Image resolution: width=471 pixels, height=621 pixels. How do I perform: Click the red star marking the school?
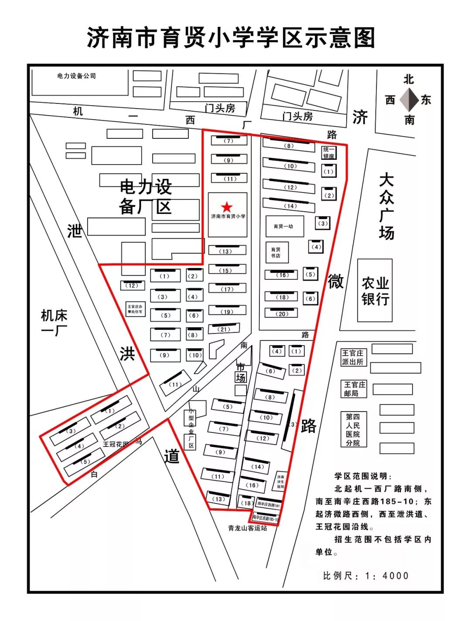[226, 207]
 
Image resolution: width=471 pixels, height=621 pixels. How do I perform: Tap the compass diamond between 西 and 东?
[409, 100]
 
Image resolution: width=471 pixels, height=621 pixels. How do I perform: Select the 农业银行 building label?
[375, 291]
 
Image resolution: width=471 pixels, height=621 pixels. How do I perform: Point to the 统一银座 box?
[329, 153]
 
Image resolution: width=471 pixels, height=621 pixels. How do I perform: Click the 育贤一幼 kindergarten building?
[283, 226]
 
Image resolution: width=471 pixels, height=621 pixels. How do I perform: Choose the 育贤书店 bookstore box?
[276, 253]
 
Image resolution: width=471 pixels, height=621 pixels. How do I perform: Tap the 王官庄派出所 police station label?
[353, 357]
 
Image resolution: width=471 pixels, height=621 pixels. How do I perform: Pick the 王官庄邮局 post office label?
[354, 389]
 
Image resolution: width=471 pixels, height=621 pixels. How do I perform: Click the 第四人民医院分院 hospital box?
[353, 429]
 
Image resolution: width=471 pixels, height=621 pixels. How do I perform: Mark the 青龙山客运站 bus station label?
[247, 528]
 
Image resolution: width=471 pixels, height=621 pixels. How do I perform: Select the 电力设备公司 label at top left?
[76, 76]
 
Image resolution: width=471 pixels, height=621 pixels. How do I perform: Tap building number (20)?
[282, 314]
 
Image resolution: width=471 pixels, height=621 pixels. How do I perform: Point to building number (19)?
[227, 312]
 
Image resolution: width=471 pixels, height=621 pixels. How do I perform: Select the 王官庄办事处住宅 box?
[135, 309]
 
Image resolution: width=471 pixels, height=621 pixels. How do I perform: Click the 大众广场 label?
[386, 206]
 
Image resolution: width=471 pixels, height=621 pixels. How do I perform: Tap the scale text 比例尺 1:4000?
[365, 576]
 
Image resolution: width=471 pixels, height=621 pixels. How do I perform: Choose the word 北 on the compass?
[409, 79]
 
